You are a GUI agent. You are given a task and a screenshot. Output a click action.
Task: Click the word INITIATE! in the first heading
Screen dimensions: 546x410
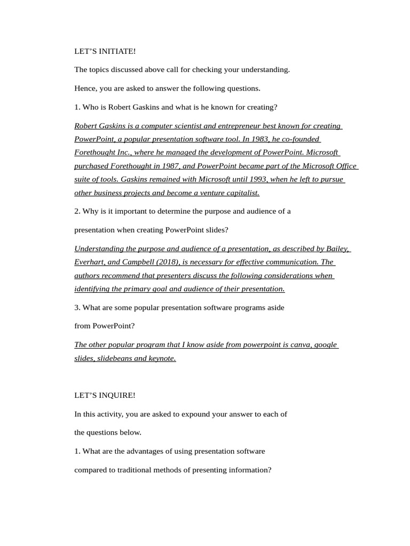click(x=116, y=51)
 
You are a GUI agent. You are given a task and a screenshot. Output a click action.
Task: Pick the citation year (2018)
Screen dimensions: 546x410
click(x=168, y=262)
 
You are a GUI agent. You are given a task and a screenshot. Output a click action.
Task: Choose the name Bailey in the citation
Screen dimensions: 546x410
click(x=337, y=248)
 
